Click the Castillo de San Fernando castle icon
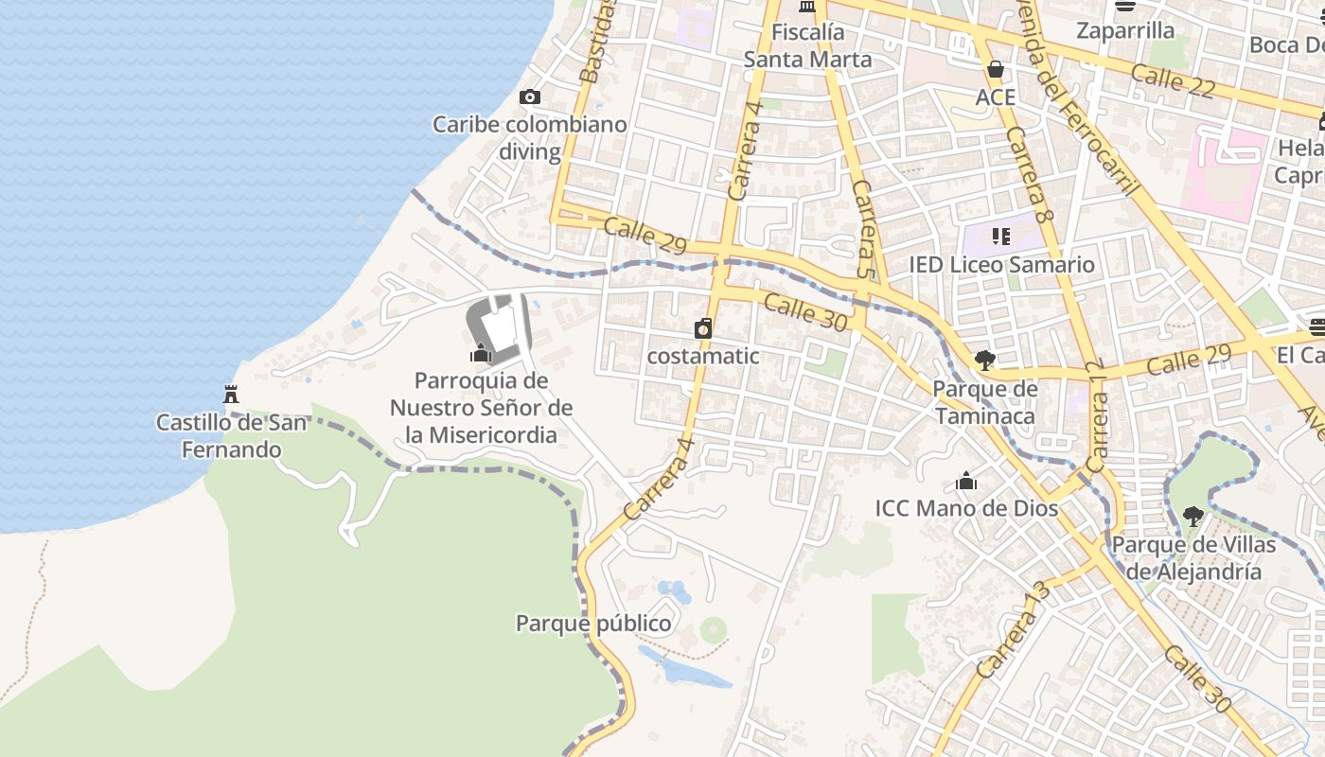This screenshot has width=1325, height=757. pos(230,394)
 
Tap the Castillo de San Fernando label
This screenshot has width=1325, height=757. pos(232,435)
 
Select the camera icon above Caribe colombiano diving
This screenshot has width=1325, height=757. pos(530,97)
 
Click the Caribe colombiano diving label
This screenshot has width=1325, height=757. pos(530,137)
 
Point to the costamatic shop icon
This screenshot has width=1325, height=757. pos(703,328)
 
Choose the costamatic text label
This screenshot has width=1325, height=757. pos(703,356)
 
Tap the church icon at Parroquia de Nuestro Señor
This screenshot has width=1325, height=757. pos(481,354)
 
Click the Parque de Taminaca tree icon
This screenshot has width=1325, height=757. pos(985,360)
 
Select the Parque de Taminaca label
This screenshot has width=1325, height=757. pos(985,402)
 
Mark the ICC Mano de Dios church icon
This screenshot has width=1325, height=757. pos(966,481)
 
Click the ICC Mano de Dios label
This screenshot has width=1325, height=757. pos(966,508)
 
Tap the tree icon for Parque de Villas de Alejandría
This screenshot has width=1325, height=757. pos(1193,517)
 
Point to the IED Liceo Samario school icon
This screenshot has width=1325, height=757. pos(1001,236)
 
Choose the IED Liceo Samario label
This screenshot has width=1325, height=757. pos(1001,264)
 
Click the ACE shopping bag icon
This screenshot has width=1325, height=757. pos(995,69)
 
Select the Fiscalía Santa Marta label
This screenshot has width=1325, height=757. pos(807,45)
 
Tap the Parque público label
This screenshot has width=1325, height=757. pos(593,624)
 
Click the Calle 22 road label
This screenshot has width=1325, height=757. pos(1173,79)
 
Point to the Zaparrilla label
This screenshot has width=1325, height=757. pos(1125,30)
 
